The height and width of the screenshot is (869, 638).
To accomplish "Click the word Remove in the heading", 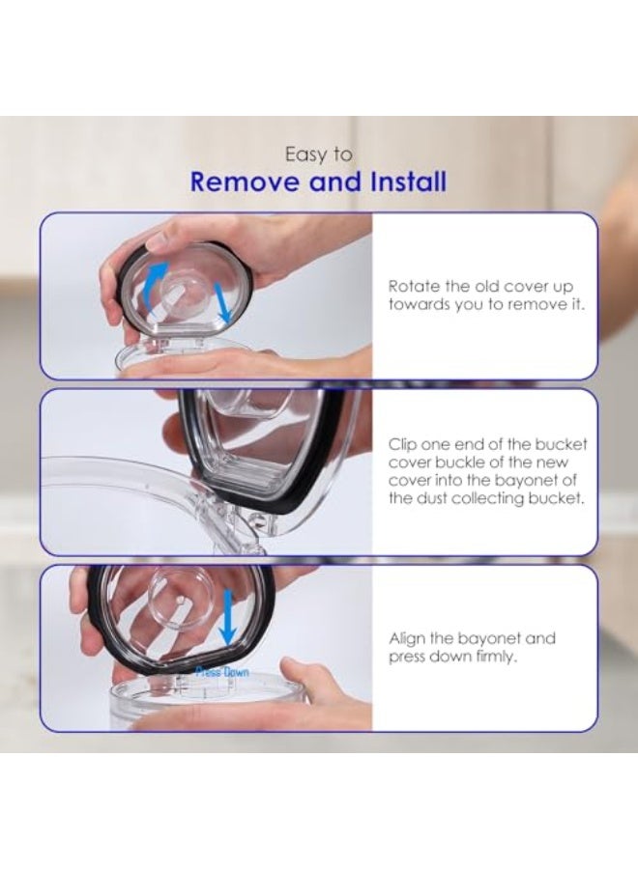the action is click(x=245, y=182).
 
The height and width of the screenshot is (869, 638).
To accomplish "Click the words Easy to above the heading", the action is click(x=318, y=154).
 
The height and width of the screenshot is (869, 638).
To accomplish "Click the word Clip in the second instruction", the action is click(x=402, y=445).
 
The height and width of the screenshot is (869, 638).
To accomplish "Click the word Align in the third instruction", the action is click(x=407, y=639).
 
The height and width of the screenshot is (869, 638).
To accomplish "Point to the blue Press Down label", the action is click(x=222, y=672).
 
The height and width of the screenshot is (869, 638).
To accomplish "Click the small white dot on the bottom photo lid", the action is click(x=177, y=601).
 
